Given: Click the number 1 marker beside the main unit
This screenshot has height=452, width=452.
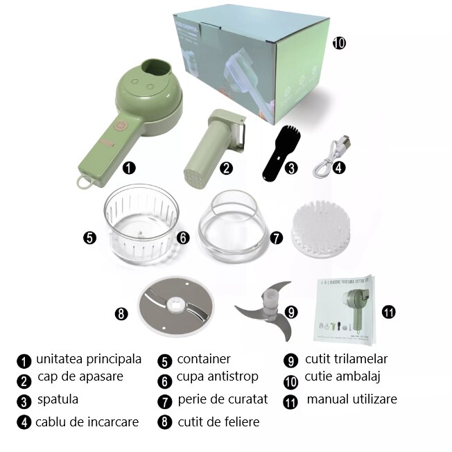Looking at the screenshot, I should (x=129, y=167).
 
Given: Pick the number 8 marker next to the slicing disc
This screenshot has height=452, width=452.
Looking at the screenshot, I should (x=121, y=313).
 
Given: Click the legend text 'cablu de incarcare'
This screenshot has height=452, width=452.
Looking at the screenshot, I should (x=87, y=421).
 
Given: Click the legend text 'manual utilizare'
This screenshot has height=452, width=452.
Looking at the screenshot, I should (x=351, y=399).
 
